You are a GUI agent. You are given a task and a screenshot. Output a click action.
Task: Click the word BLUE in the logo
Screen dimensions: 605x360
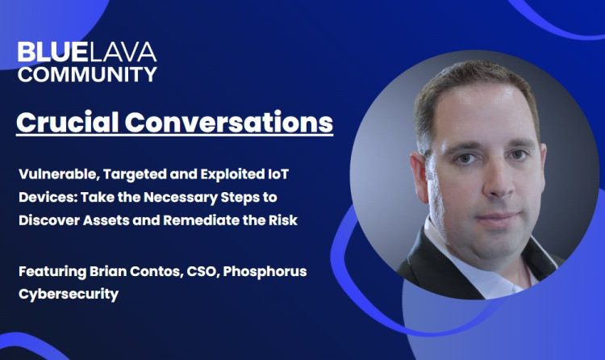52,52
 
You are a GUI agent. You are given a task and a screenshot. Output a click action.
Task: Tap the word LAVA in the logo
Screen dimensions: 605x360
121,52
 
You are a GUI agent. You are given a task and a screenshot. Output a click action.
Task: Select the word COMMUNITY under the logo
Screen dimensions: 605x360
87,73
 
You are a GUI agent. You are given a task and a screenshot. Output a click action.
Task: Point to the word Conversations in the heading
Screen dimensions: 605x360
229,122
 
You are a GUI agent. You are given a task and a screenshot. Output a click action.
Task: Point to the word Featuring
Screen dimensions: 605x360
52,271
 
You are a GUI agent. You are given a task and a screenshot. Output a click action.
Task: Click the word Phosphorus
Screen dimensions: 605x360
265,271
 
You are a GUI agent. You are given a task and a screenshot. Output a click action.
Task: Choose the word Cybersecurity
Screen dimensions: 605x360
69,295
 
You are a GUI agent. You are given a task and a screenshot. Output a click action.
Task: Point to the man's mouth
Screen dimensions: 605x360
497,217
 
